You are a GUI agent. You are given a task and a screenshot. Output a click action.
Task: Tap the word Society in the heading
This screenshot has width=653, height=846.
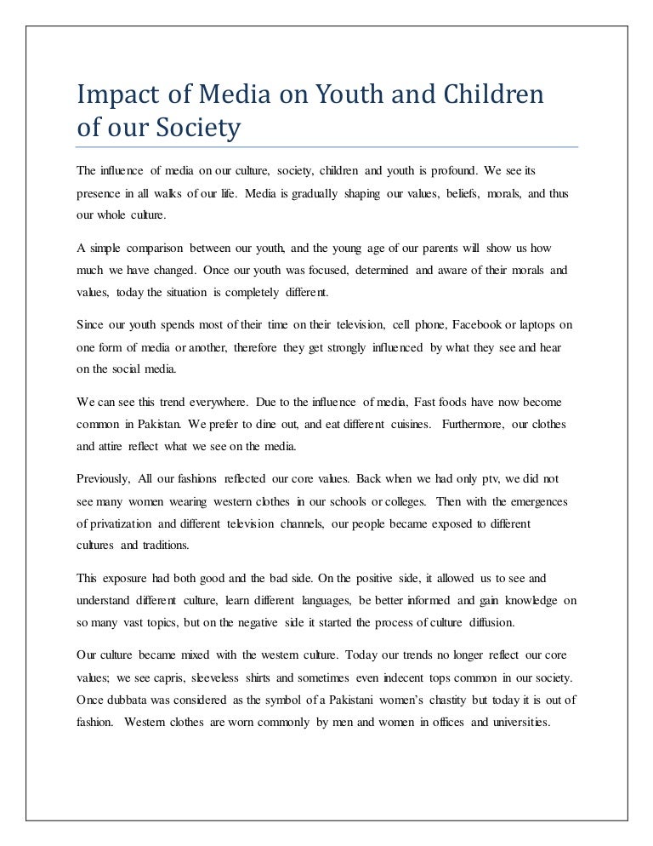pos(198,130)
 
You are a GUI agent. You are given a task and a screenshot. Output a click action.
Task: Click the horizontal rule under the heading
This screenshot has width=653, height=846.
pos(326,146)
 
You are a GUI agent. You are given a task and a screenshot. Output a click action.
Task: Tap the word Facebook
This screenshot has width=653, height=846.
pos(480,324)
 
